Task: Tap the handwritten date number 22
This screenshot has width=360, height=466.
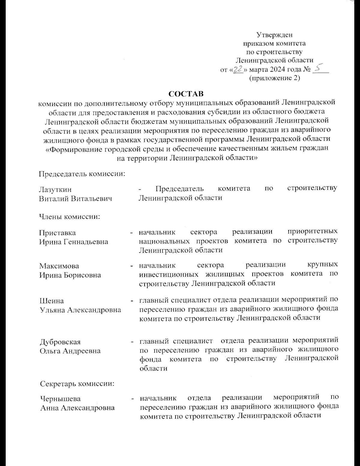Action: point(238,69)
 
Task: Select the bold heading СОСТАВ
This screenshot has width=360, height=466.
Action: point(186,94)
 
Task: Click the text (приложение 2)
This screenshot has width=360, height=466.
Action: point(275,78)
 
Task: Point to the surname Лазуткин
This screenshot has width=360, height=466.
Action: point(55,189)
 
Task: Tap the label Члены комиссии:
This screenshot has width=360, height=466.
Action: point(70,216)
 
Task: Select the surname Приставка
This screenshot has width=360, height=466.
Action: point(58,233)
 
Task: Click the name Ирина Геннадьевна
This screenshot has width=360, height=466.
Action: point(74,242)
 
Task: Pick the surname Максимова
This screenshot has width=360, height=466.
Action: point(59,266)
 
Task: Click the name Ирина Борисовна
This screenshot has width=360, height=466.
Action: point(70,275)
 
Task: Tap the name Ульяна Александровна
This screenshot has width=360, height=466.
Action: point(80,310)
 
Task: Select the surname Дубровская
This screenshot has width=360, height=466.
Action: point(60,342)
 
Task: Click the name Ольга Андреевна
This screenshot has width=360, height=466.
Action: point(70,351)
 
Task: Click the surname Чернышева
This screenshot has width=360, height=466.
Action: point(61,399)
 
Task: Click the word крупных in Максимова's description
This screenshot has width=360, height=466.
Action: point(323,265)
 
